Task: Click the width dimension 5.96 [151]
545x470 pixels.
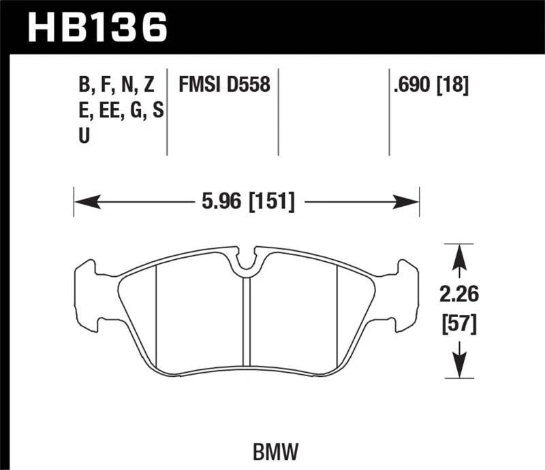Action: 247,202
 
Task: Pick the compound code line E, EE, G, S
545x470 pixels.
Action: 121,110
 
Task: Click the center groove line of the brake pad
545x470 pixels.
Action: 247,320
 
